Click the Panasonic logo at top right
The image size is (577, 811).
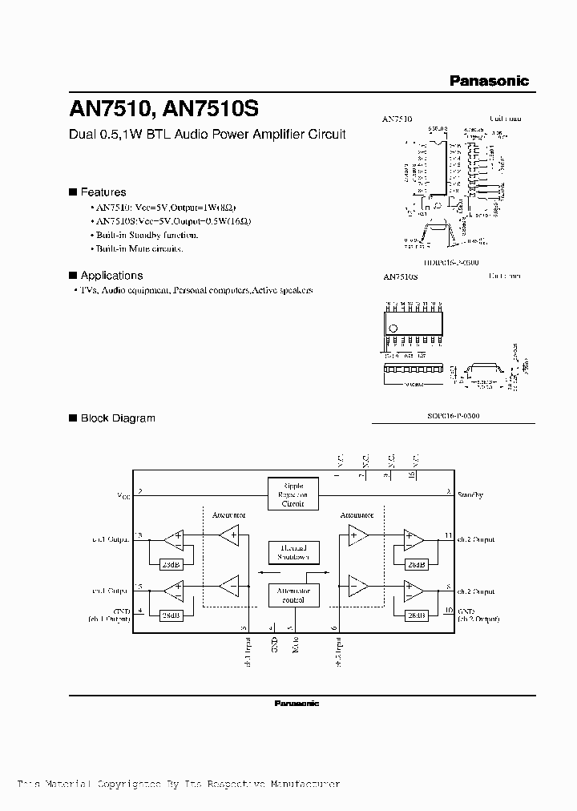click(489, 80)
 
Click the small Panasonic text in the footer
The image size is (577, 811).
click(297, 703)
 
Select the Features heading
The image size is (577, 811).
click(103, 192)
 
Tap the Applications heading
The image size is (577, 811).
click(111, 275)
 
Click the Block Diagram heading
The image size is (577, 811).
click(117, 418)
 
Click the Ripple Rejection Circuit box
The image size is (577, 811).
click(293, 494)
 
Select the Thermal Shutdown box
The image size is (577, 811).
click(293, 551)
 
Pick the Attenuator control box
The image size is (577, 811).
click(293, 595)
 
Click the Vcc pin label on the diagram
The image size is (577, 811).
click(123, 496)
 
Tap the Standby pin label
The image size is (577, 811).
click(470, 495)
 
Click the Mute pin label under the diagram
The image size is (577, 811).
click(293, 645)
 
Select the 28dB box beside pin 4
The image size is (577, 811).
click(169, 615)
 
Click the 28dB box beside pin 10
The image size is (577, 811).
click(415, 615)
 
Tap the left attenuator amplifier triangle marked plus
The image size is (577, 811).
click(229, 535)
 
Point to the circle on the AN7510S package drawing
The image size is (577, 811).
click(393, 328)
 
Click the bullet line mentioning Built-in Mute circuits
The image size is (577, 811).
click(138, 248)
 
